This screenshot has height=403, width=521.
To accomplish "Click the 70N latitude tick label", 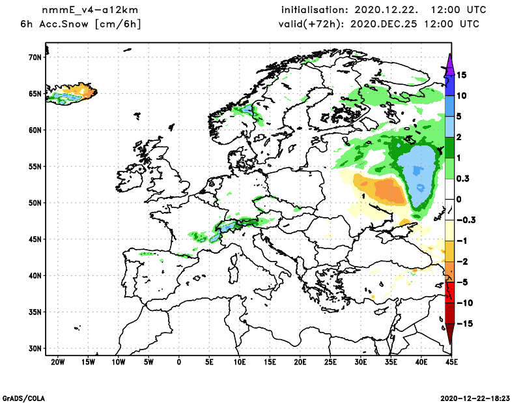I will point(35,57).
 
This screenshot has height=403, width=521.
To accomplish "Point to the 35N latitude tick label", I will point(35,312).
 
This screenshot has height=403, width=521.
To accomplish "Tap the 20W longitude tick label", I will point(57,361).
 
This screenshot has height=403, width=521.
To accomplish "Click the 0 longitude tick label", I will point(179,361).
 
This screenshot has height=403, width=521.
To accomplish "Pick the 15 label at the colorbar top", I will point(461,75).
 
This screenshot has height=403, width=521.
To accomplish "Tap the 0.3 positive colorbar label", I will point(463,178).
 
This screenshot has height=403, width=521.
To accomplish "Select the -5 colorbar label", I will point(461,282).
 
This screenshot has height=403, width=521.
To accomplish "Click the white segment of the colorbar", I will point(449,199).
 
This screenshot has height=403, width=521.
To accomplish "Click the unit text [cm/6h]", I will point(118,24).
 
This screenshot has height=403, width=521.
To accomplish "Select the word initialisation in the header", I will point(315,10).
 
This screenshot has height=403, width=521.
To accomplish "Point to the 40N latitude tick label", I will point(35,275).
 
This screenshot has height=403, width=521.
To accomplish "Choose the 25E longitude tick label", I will point(331,361).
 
